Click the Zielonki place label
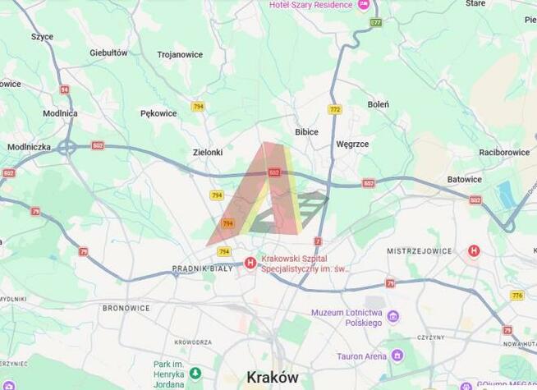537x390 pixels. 208,152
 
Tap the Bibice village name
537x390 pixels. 306,131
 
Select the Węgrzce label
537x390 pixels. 352,144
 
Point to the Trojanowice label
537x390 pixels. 180,55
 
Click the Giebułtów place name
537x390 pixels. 108,53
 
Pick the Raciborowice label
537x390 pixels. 504,152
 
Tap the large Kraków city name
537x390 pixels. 273,377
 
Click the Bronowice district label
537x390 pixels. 126,308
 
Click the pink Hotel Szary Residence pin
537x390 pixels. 364,5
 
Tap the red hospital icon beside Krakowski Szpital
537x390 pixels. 250,263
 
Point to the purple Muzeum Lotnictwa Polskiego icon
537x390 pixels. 393,316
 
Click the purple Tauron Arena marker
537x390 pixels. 397,356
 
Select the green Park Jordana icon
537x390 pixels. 195,373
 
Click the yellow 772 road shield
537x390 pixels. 334,109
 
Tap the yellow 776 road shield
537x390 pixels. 516,296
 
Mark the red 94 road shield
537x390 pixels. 65,89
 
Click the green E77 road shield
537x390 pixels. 375,22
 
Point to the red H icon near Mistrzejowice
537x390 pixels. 474,250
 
